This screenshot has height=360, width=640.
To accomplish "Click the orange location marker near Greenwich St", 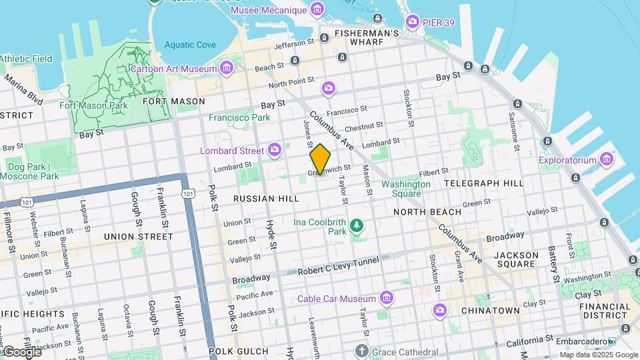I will pos(320,159).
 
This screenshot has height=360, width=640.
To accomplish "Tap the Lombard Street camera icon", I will pos(274,150).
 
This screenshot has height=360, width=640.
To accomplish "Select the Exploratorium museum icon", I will pos(606,159).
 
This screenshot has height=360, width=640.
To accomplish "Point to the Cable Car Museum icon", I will pos(385,297).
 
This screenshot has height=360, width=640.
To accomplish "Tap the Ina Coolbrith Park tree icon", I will pos(358,225).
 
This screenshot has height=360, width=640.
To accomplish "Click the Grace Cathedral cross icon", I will pos(361,351).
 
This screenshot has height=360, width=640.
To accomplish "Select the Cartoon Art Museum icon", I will pos(227,68).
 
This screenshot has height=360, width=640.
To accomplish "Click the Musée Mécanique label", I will pos(268,11).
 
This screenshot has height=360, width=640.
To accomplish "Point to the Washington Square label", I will pos(405,189).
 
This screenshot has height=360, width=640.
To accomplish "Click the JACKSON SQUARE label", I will pos(516,260).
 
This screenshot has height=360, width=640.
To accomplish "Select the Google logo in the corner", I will pos(21,351).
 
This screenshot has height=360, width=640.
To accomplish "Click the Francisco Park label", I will pos(239,117).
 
